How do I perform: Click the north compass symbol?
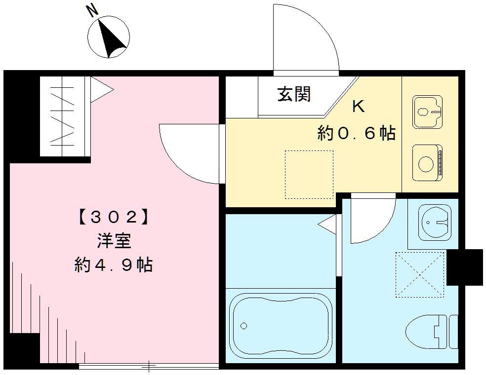[109, 37]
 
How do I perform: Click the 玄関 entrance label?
[294, 94]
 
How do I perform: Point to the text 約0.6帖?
[356, 133]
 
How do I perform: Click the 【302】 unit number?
[113, 217]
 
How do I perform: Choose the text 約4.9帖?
[113, 265]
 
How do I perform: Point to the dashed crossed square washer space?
[420, 274]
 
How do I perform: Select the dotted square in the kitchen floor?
[309, 174]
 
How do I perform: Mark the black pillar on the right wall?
[465, 267]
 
